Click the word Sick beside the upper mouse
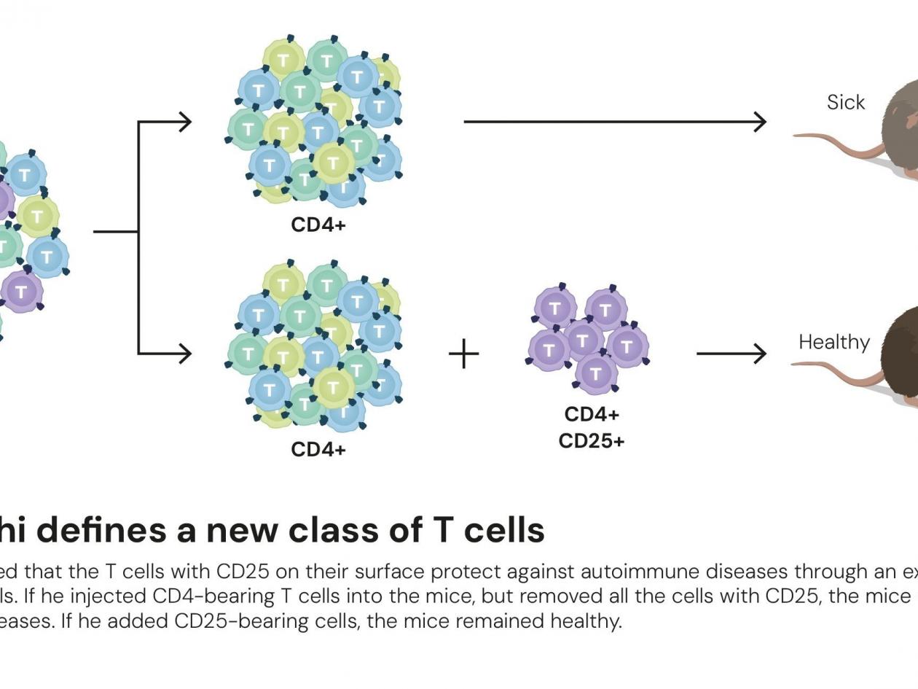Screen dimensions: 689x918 pos(846,103)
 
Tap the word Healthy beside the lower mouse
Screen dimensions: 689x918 pos(834,342)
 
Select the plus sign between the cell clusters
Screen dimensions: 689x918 pos(464,354)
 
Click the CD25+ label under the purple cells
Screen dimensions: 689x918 pos(592,441)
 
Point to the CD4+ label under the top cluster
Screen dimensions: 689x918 pos(318,225)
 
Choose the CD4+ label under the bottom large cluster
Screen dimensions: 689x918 pos(318,449)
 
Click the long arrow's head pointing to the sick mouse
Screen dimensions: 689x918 pos(759,122)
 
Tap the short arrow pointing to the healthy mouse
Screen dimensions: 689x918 pos(731,354)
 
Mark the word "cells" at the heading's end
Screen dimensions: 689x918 pos(503,530)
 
